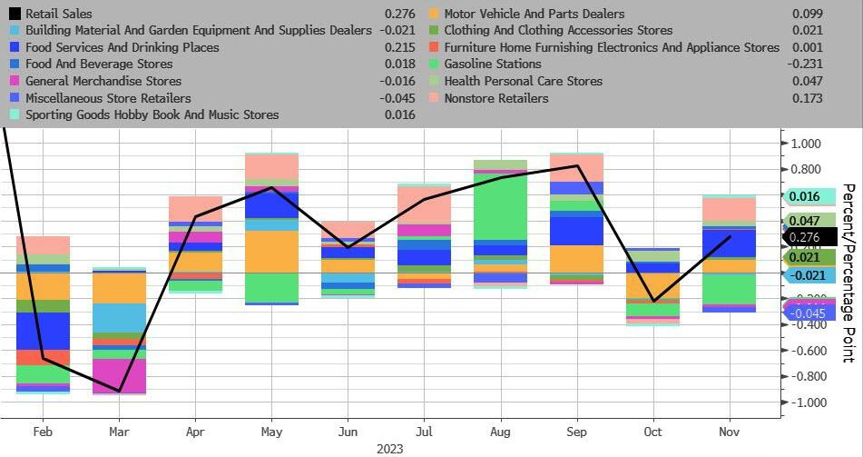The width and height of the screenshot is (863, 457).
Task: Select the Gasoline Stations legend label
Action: [493, 64]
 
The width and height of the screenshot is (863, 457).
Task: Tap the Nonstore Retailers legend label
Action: [496, 97]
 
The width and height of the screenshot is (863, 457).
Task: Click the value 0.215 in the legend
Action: [399, 47]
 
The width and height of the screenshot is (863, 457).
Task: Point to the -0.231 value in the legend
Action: [805, 64]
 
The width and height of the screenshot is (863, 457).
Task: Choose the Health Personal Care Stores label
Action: [524, 81]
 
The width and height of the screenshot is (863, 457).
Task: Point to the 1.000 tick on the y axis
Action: [806, 144]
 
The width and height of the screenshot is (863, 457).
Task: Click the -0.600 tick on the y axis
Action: [804, 351]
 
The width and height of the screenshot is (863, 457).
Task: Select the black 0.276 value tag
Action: [805, 237]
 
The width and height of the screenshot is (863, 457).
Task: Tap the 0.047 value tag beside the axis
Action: [805, 221]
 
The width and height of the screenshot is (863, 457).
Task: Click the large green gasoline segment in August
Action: [500, 208]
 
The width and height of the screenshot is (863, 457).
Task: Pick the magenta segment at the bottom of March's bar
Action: [119, 375]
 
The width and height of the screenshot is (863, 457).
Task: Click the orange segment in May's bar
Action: [272, 252]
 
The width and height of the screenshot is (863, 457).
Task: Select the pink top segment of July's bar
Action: [424, 204]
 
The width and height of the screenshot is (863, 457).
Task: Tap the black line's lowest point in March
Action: [119, 392]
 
